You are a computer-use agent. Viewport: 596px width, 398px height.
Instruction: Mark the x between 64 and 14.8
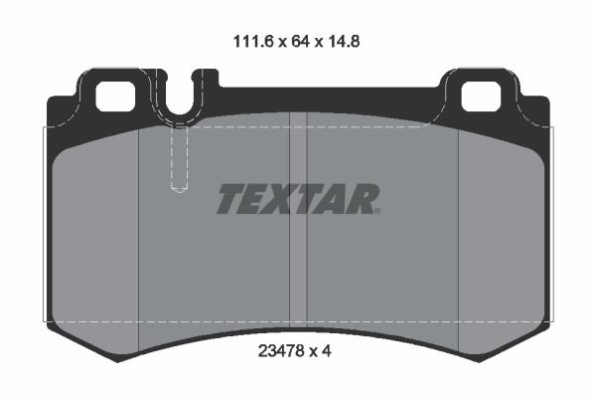[319, 44]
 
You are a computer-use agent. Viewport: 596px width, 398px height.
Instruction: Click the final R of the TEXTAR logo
[363, 200]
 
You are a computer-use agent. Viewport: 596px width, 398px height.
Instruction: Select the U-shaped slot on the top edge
[180, 99]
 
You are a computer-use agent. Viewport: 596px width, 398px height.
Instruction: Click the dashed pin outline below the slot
[180, 159]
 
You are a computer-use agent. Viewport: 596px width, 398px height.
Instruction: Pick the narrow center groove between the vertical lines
[298, 219]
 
